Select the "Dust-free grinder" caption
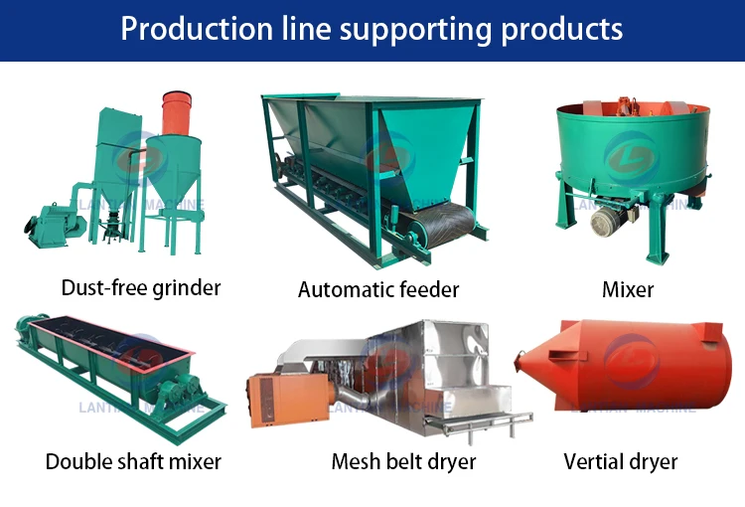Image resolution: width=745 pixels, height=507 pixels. (141, 288)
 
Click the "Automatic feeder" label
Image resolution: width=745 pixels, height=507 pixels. (378, 290)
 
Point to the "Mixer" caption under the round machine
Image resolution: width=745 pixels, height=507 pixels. (628, 290)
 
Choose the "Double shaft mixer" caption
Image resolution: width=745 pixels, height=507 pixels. (133, 461)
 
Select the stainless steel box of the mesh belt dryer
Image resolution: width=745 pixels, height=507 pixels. (452, 363)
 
